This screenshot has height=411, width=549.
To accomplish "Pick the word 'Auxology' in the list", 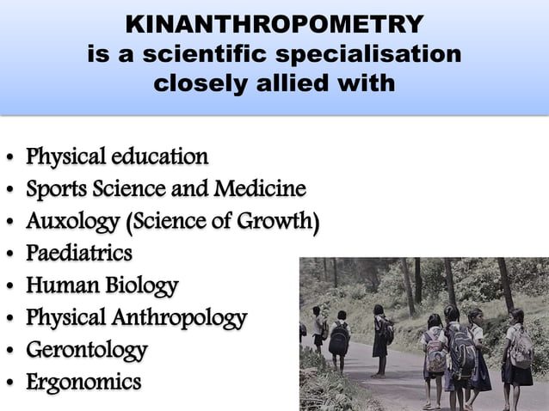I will point(72,222).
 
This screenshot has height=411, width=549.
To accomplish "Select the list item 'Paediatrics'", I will point(79,254).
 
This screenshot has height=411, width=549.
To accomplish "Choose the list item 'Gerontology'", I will point(86,349).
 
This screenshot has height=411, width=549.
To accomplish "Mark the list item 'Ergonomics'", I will point(83,381).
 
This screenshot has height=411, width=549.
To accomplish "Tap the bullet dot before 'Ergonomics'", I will point(9,383).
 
